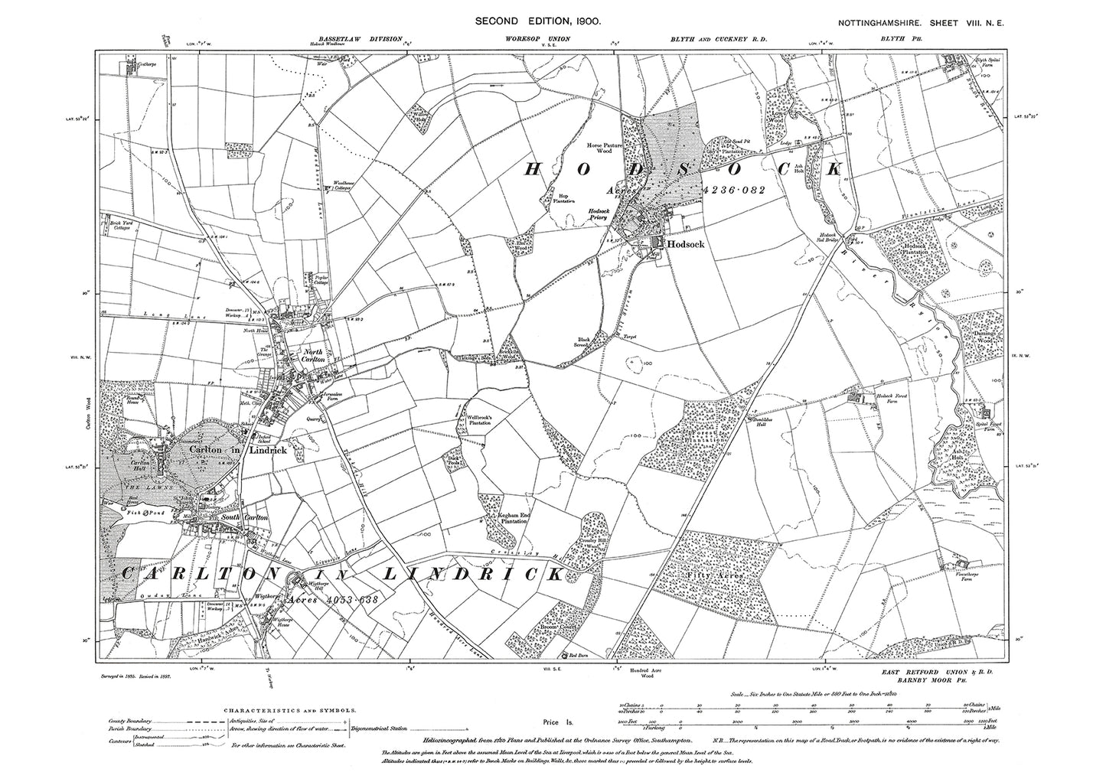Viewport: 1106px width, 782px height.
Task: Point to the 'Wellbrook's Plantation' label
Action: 480,420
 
